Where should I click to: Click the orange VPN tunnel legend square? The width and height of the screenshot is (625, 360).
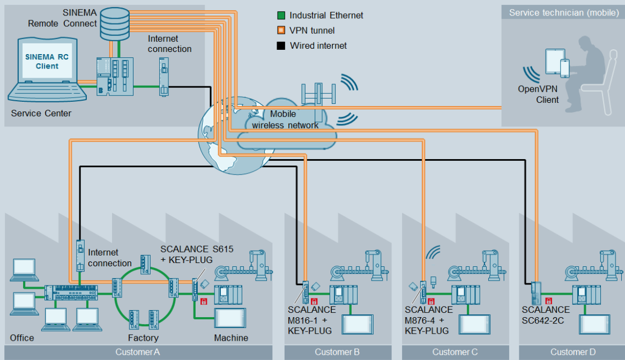[x=281, y=31]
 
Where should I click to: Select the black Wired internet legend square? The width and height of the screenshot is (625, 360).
[x=281, y=46]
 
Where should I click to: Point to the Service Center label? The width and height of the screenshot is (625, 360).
[x=41, y=114]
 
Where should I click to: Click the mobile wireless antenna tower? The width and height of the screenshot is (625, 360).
[x=318, y=94]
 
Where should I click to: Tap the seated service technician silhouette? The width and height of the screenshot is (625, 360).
[x=586, y=72]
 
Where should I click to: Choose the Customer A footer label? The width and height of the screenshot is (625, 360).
[x=138, y=352]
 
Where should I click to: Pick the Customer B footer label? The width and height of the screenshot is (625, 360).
[x=337, y=352]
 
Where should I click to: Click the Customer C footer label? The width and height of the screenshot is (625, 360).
[x=455, y=352]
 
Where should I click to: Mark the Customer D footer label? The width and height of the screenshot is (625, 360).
[x=573, y=352]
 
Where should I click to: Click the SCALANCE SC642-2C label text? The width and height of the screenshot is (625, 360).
[x=546, y=314]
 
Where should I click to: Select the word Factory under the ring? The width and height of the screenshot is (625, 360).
[x=143, y=337]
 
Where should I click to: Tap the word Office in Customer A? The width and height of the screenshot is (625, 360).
[x=22, y=337]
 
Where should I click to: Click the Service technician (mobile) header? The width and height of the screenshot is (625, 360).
[x=563, y=12]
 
